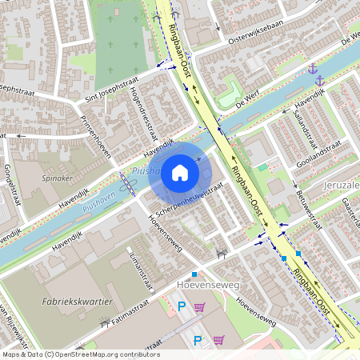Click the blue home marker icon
tap(180, 173)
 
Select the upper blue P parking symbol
tap(181, 306)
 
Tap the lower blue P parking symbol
tap(197, 340)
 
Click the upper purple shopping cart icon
tap(199, 306)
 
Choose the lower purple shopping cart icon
tap(218, 340)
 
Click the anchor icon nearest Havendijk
tap(320, 81)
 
